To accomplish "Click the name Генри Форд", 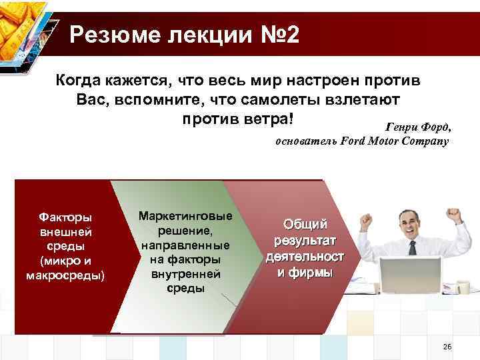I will [x=418, y=127].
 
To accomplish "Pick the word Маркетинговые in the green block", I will [x=185, y=216].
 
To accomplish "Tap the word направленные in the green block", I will [x=185, y=245].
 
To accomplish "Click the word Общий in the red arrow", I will [x=305, y=224].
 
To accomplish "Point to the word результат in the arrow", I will [x=305, y=240].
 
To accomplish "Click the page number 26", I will [x=447, y=347].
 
